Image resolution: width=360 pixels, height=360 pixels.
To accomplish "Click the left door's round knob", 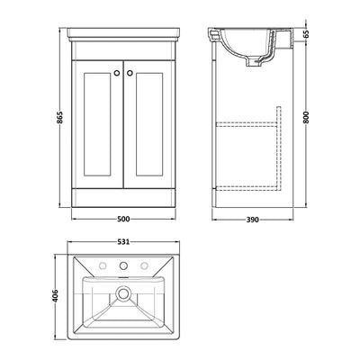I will click(120, 69).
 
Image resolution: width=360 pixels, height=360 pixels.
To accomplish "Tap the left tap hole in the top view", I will click(103, 266).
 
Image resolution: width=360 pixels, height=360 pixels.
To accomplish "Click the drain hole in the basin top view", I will click(126, 293).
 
